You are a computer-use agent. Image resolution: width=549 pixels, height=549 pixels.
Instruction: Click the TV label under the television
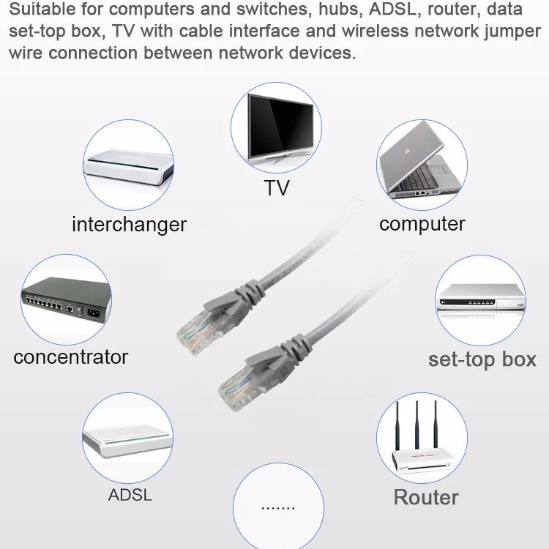(x=277, y=188)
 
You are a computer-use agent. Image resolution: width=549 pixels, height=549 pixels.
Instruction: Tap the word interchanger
(x=129, y=224)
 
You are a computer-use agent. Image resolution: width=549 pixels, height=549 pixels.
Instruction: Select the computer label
(x=422, y=224)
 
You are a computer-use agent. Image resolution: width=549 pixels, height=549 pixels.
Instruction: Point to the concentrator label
(x=70, y=357)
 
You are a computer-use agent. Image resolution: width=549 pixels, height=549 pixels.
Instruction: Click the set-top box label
(x=482, y=359)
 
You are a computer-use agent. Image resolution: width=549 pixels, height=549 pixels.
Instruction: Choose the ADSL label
(x=130, y=494)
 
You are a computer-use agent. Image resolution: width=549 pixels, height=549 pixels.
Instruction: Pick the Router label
(x=426, y=497)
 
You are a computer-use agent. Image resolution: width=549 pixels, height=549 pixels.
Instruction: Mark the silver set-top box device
(x=481, y=297)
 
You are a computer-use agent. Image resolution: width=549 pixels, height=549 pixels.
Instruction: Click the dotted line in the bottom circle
(x=277, y=507)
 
